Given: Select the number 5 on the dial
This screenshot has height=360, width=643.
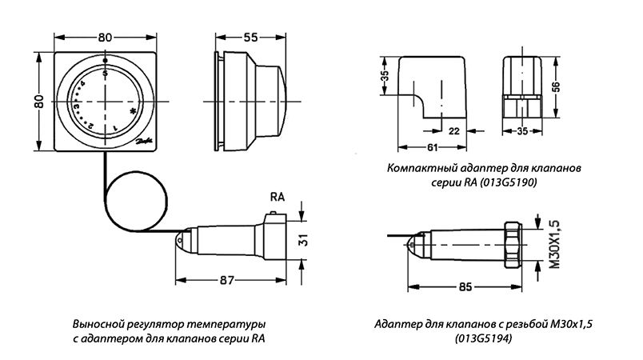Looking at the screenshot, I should (106, 73).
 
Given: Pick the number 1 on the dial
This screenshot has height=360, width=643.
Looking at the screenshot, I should (114, 128).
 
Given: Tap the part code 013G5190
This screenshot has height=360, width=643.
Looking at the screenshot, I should (508, 183).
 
